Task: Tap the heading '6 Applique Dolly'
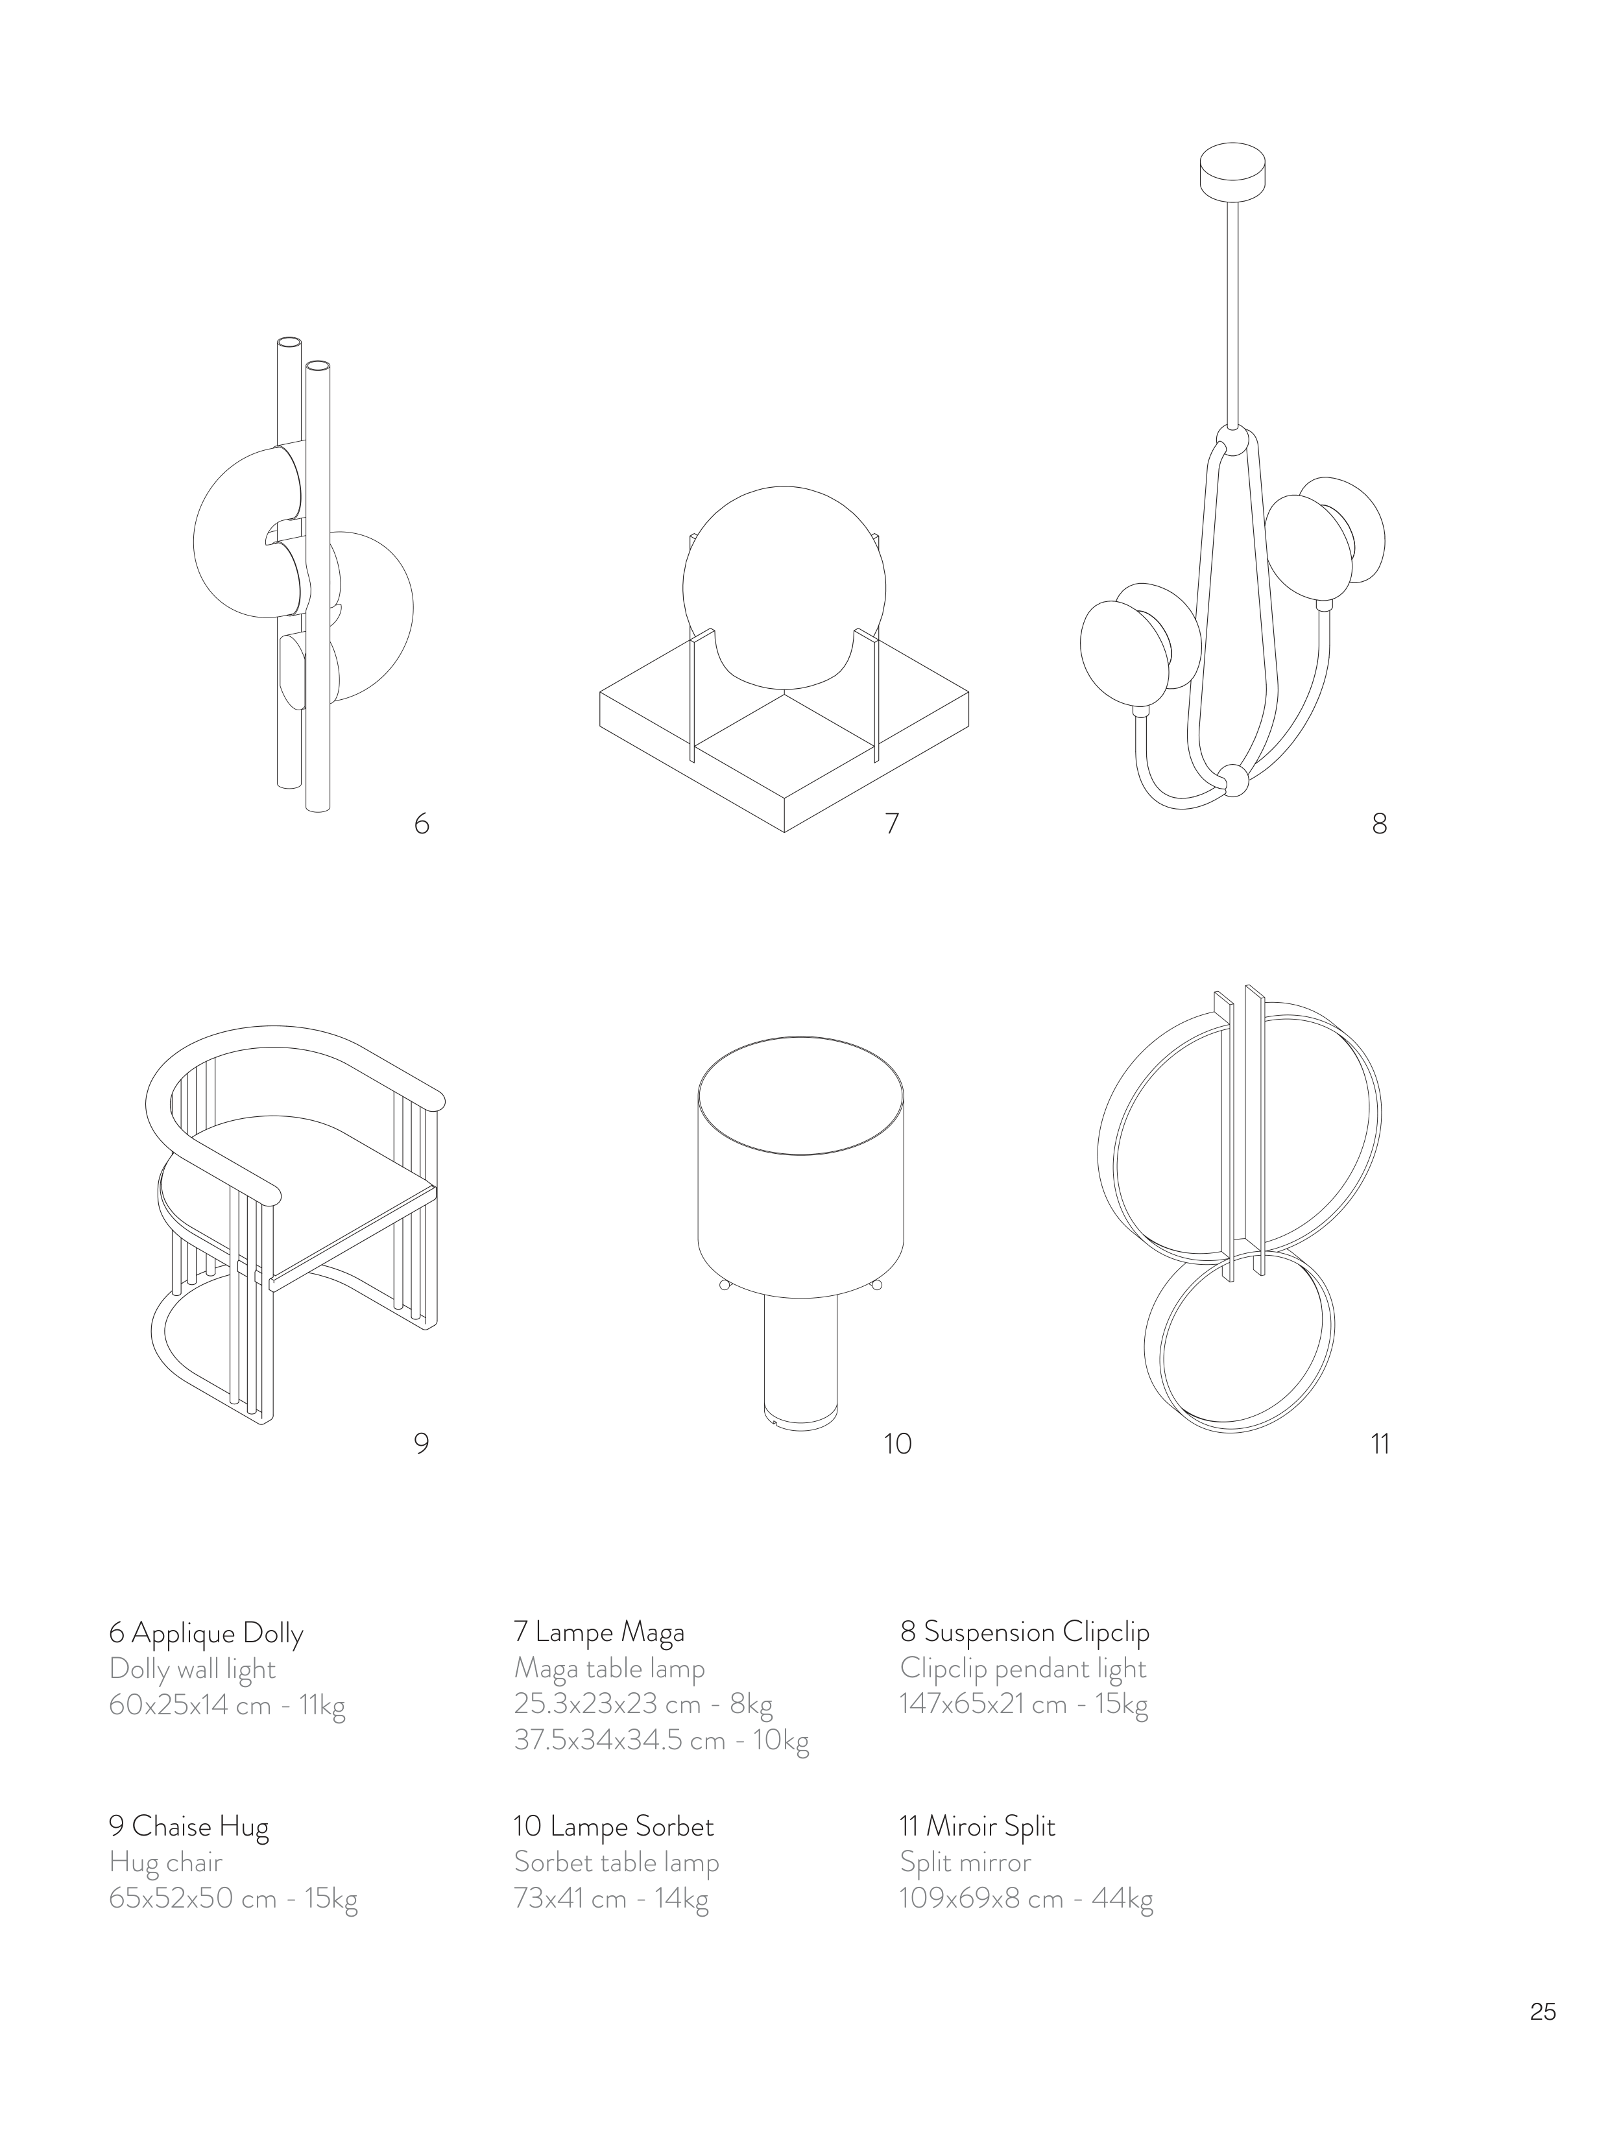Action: pos(206,1633)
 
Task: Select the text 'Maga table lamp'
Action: pos(609,1668)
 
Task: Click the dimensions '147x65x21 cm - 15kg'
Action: pos(1024,1704)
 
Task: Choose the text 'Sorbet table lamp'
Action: pos(617,1862)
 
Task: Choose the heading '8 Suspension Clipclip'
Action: pos(1025,1633)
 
